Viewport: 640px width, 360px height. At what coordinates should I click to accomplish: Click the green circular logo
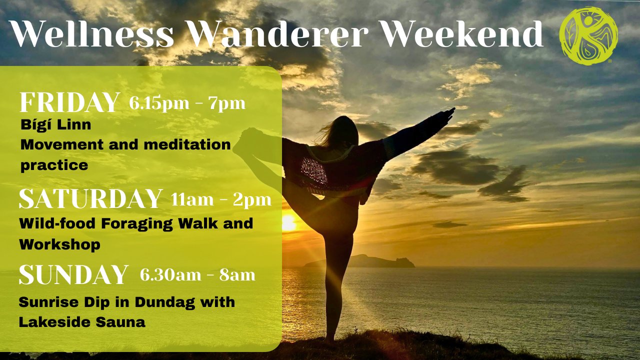tap(588, 35)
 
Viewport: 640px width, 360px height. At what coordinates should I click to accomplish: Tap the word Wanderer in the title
tap(277, 33)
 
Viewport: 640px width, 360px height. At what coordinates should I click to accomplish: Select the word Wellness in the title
tap(91, 33)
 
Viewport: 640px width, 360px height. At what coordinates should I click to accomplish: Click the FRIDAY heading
tap(69, 102)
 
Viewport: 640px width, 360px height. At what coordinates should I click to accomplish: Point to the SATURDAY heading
tap(90, 198)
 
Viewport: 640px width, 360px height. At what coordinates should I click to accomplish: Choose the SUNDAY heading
tap(73, 274)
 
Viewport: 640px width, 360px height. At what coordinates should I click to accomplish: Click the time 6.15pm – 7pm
tap(187, 103)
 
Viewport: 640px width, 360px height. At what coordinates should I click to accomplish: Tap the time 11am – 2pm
tap(221, 199)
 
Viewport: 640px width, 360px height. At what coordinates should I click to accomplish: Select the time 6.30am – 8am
tap(197, 275)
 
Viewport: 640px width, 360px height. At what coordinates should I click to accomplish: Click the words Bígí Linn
tap(55, 125)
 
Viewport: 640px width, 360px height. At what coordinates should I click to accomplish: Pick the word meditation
tap(187, 144)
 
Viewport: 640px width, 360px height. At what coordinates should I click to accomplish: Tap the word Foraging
tap(137, 224)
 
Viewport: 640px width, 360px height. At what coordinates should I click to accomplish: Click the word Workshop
tap(59, 245)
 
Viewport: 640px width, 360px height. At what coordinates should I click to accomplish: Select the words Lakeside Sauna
tap(82, 322)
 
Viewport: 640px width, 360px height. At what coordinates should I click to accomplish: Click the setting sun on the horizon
tap(289, 223)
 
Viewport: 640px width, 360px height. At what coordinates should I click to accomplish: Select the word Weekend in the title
tap(462, 33)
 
